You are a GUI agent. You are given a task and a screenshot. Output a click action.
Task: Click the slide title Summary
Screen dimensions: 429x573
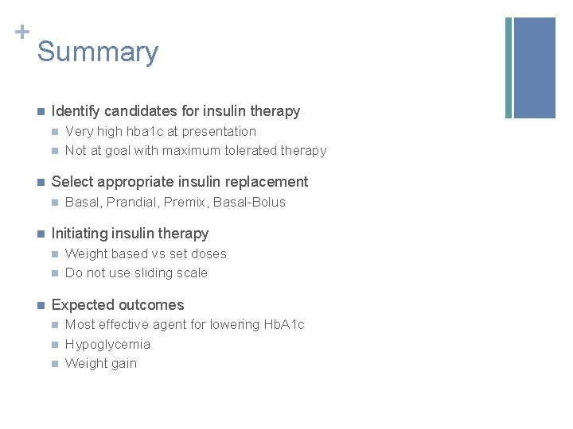(97, 52)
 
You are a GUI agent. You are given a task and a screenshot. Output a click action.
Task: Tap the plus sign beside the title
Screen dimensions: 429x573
(22, 32)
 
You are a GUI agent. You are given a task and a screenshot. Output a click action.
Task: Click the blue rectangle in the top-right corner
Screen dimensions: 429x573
(535, 68)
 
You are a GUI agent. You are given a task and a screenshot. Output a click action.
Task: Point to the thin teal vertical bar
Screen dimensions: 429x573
(509, 68)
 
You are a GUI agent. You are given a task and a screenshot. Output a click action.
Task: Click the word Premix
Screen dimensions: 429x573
(185, 202)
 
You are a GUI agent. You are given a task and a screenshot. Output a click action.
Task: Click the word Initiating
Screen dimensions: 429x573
(79, 234)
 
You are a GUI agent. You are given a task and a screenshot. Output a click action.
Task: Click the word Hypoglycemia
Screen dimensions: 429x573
(107, 344)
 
